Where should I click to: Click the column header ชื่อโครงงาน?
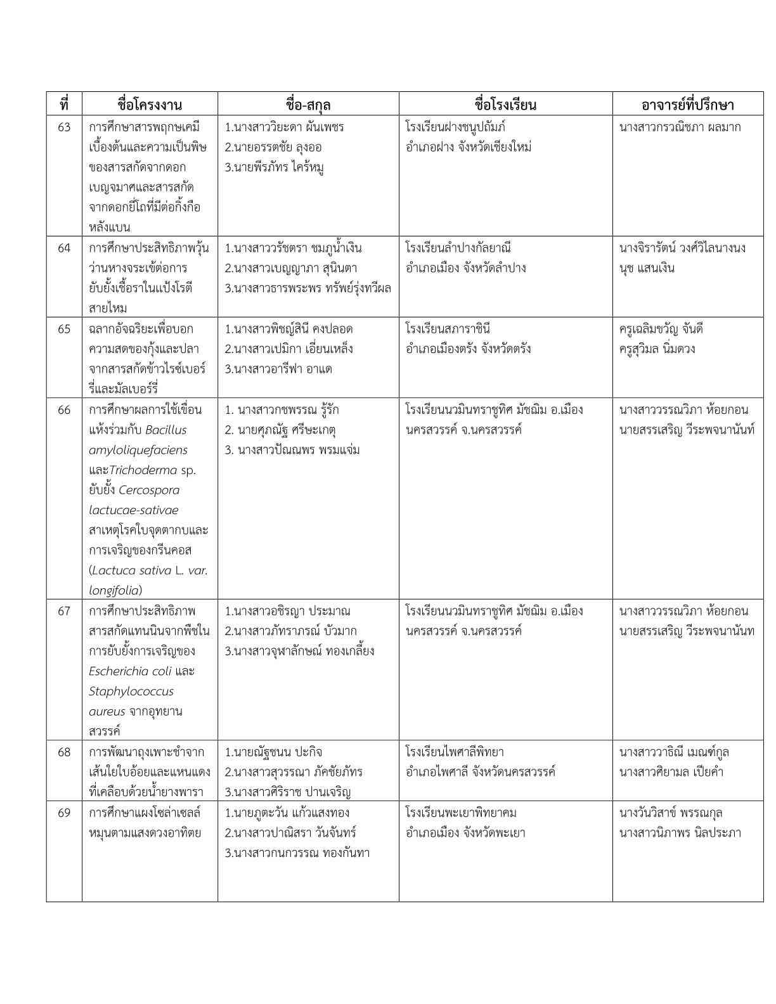pyautogui.click(x=150, y=105)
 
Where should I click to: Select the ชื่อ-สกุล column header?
pyautogui.click(x=308, y=105)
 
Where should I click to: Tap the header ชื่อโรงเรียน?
pyautogui.click(x=505, y=105)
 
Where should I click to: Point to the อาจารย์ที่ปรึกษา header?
pyautogui.click(x=687, y=105)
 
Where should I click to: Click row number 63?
pyautogui.click(x=64, y=127)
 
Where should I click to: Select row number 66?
pyautogui.click(x=64, y=410)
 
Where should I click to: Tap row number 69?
pyautogui.click(x=64, y=813)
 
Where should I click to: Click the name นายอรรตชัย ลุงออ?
pyautogui.click(x=273, y=148)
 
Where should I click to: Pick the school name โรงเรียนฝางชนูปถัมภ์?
pyautogui.click(x=455, y=127)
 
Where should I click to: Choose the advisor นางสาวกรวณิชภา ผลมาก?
pyautogui.click(x=680, y=127)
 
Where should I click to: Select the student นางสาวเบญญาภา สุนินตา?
pyautogui.click(x=294, y=268)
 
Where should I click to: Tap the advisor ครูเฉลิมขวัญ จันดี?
pyautogui.click(x=661, y=329)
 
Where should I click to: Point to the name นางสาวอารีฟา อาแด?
pyautogui.click(x=278, y=369)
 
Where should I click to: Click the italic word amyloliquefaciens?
pyautogui.click(x=138, y=450)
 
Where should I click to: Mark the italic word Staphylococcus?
pyautogui.click(x=131, y=692)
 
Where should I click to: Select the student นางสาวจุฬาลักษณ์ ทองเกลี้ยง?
pyautogui.click(x=299, y=652)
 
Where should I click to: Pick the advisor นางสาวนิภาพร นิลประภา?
pyautogui.click(x=680, y=833)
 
